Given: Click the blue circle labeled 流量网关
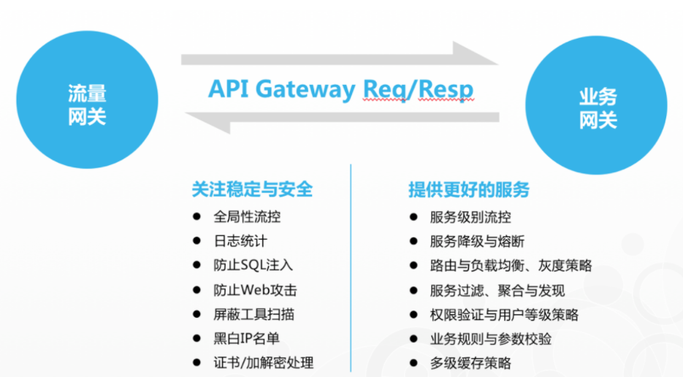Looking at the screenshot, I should [x=87, y=104].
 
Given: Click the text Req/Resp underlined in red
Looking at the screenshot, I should [x=419, y=88].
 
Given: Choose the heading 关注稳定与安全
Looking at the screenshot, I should [x=252, y=189].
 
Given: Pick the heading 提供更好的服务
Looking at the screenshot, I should [x=469, y=189].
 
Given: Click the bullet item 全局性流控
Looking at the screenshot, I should [x=247, y=217].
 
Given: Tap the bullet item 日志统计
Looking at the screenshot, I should [x=235, y=241].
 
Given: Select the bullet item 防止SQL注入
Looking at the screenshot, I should [x=253, y=265].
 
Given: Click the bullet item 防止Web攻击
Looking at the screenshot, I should [x=255, y=290].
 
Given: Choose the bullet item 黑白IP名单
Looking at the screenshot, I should [x=246, y=338].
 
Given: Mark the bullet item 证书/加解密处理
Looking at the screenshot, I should [x=263, y=362].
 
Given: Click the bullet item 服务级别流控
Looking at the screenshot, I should [x=470, y=217].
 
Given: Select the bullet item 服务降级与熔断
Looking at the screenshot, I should [x=477, y=241].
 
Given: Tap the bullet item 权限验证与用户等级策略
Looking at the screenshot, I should [x=504, y=314].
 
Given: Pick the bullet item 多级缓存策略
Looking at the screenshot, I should [x=470, y=362].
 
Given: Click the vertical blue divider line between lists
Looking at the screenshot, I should [x=351, y=270].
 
